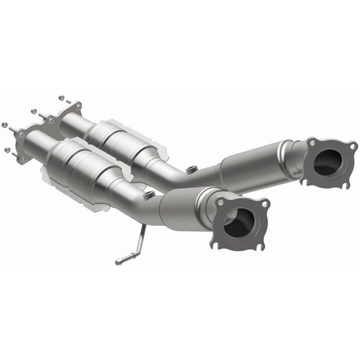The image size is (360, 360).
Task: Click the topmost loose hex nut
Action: point(61,97)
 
